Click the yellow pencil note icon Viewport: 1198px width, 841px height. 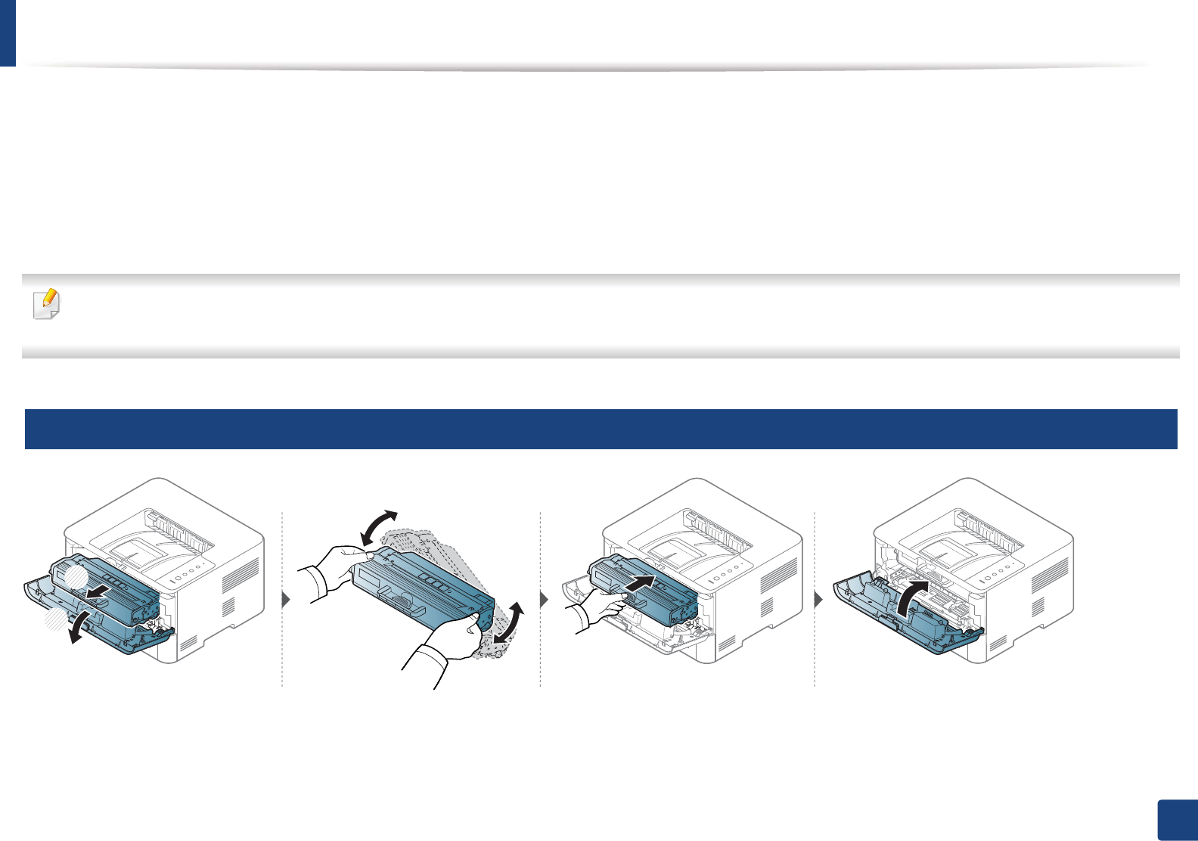tap(46, 303)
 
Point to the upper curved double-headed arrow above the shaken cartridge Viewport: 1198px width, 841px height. tap(379, 526)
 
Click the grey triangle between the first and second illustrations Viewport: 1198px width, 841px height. tap(286, 600)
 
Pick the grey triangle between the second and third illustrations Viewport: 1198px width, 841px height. tap(545, 600)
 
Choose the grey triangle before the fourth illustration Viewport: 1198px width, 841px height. tap(818, 600)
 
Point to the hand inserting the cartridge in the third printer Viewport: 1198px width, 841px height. tap(601, 605)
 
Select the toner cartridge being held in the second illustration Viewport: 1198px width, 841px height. tap(424, 590)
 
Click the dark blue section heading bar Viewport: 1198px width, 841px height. tap(601, 429)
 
